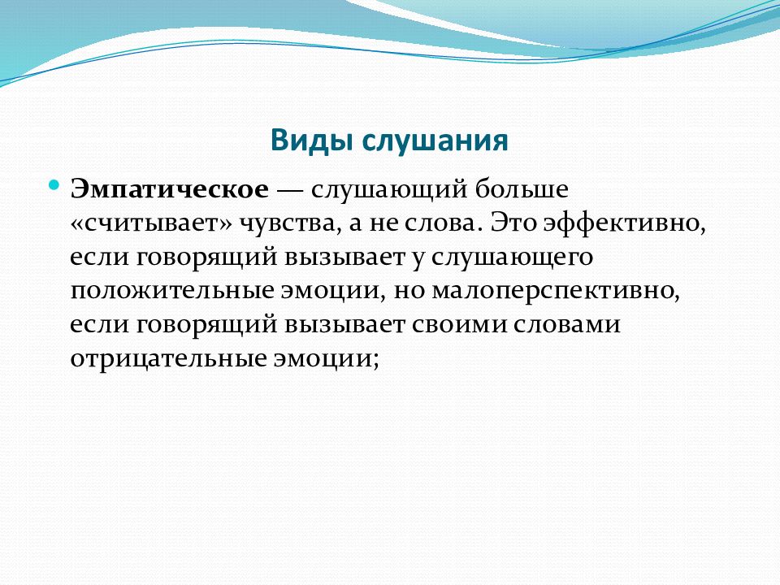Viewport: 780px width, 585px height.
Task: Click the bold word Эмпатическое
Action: click(x=170, y=190)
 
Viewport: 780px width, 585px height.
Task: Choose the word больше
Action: click(x=522, y=189)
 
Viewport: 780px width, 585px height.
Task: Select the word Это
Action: click(x=513, y=223)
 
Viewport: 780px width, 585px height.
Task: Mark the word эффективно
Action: click(x=624, y=224)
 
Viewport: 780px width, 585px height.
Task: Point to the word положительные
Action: click(x=172, y=291)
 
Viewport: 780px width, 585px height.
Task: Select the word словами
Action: click(x=566, y=325)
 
